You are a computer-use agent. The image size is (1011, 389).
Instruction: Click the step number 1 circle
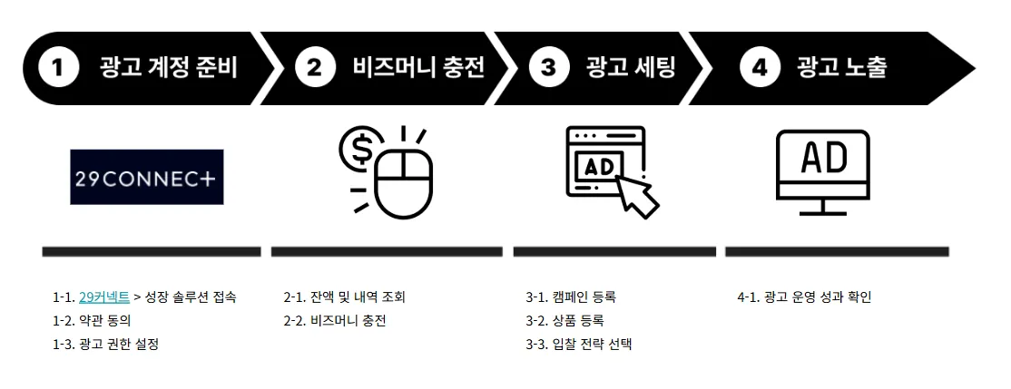pos(59,68)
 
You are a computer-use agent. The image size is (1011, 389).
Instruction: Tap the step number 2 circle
pos(315,68)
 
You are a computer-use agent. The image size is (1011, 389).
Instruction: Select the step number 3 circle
pos(548,68)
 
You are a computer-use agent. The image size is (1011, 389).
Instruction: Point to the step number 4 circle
pos(760,68)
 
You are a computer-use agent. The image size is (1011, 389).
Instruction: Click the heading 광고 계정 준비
pos(169,68)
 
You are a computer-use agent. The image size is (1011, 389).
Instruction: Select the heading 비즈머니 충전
pos(418,68)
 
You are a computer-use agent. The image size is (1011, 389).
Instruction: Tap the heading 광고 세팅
pos(631,68)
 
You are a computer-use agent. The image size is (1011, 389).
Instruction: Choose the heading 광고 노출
pos(841,68)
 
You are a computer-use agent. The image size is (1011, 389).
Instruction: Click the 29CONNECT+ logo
pos(147,177)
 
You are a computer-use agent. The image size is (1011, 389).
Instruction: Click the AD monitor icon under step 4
pos(823,172)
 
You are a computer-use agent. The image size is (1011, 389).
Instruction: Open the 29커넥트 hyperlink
pos(104,297)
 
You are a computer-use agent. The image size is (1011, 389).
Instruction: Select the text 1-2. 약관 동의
pos(93,320)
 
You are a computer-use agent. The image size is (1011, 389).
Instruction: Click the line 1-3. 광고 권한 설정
pos(105,344)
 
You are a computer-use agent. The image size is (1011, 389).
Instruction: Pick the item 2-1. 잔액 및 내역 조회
pos(345,297)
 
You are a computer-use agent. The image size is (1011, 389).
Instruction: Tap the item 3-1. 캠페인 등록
pos(571,297)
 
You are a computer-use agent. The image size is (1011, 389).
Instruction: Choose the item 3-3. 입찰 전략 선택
pos(578,344)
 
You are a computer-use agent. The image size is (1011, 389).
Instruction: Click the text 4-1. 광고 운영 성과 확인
pos(804,297)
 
